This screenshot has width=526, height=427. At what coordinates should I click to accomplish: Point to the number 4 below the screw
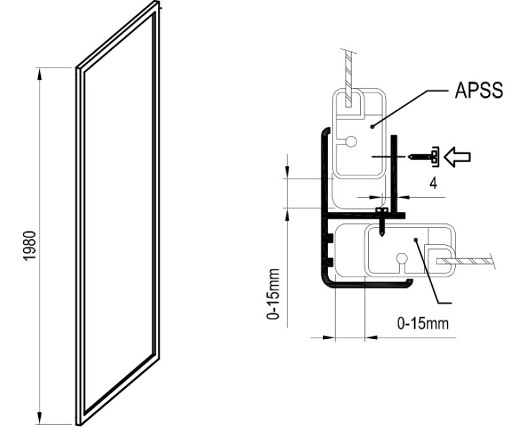tap(433, 183)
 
